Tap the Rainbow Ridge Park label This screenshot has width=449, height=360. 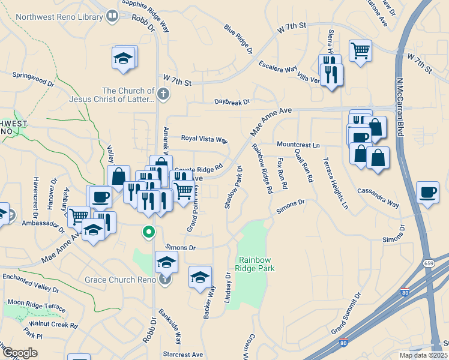coord(256,264)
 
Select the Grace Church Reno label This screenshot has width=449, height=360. coord(120,280)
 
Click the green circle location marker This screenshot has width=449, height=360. coord(147,231)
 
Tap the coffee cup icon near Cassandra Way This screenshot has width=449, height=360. coord(427,193)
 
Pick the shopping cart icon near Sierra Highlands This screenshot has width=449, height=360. coord(360,50)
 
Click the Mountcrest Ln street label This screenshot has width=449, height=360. coord(298,145)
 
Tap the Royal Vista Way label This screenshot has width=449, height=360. coord(205,138)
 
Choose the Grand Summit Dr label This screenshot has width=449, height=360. coord(346,314)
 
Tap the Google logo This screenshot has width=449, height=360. coord(20,353)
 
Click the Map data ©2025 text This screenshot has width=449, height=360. coord(423,355)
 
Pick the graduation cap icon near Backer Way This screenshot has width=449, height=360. coord(200,277)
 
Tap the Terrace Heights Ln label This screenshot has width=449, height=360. coord(336,184)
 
